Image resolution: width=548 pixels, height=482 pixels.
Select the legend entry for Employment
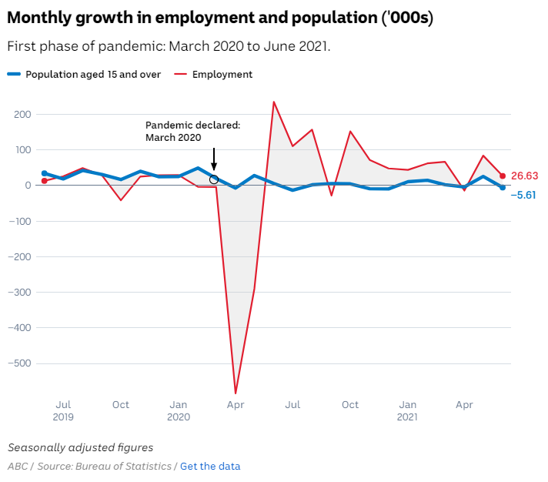[222, 75]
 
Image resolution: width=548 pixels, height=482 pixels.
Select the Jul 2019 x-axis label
[64, 410]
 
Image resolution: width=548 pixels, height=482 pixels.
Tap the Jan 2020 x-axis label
[178, 410]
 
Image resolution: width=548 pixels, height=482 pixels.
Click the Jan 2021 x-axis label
[408, 410]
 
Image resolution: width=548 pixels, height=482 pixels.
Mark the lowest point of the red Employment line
[236, 393]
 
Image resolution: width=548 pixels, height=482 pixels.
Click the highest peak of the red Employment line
[273, 102]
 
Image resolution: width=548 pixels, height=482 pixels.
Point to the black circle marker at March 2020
[214, 179]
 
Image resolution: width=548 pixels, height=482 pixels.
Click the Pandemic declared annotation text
[192, 131]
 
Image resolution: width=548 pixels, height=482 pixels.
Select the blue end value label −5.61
[525, 195]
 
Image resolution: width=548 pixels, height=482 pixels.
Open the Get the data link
[210, 466]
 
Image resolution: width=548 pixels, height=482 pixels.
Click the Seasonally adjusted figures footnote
[80, 447]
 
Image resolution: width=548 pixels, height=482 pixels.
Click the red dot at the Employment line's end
[503, 176]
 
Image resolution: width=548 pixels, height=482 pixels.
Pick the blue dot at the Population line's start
[44, 174]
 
